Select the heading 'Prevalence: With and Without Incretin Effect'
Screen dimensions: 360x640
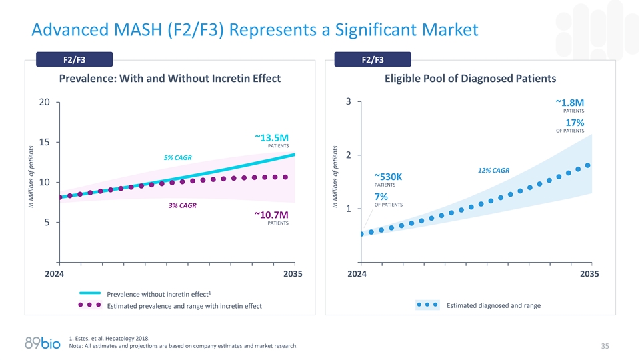point(170,79)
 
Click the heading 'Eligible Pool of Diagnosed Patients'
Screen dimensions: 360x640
point(470,79)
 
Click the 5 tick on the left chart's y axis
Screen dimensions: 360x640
point(47,223)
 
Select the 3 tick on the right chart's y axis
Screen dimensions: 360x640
point(349,103)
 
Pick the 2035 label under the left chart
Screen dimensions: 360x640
point(293,274)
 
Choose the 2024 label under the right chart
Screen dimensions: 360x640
point(361,274)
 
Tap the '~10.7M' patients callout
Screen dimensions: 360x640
point(271,215)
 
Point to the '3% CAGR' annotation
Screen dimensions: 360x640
point(182,205)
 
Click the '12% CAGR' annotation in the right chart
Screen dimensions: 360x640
point(493,171)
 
